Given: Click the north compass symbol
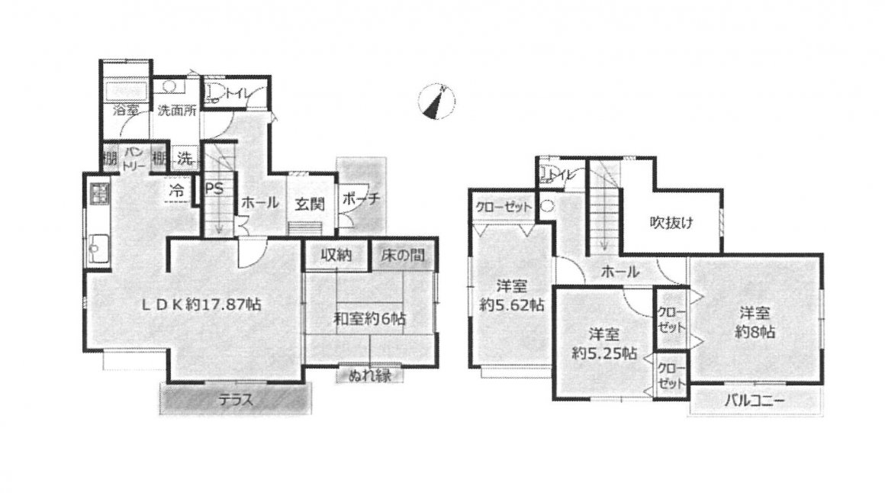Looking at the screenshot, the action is coord(437,101).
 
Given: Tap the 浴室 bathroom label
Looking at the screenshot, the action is coord(125,110).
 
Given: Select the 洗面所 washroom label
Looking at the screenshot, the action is coord(177,110).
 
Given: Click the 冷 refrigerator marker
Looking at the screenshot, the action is coord(177,190).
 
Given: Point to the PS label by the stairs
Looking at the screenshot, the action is coord(214,188).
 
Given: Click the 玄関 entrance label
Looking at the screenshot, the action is coord(310,204).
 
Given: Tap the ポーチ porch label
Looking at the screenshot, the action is coord(362,198).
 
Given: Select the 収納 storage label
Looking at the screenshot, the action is coord(337,255).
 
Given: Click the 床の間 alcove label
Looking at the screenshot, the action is coord(402,255).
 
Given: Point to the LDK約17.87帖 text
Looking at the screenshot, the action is coord(201,304).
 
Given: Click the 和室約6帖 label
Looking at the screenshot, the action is coord(370,318).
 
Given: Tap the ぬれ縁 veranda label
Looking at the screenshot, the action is coord(369,375).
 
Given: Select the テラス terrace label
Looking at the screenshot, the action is coord(235,401).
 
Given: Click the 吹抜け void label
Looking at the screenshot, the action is coord(671,222).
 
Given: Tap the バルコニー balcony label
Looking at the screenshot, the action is coord(755,401).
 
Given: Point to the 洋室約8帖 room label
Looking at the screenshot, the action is coord(755,322).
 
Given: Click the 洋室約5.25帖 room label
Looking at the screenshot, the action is coord(604,344).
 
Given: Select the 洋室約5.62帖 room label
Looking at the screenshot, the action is coord(512,295).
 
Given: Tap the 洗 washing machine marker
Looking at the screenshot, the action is coord(185,159).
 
